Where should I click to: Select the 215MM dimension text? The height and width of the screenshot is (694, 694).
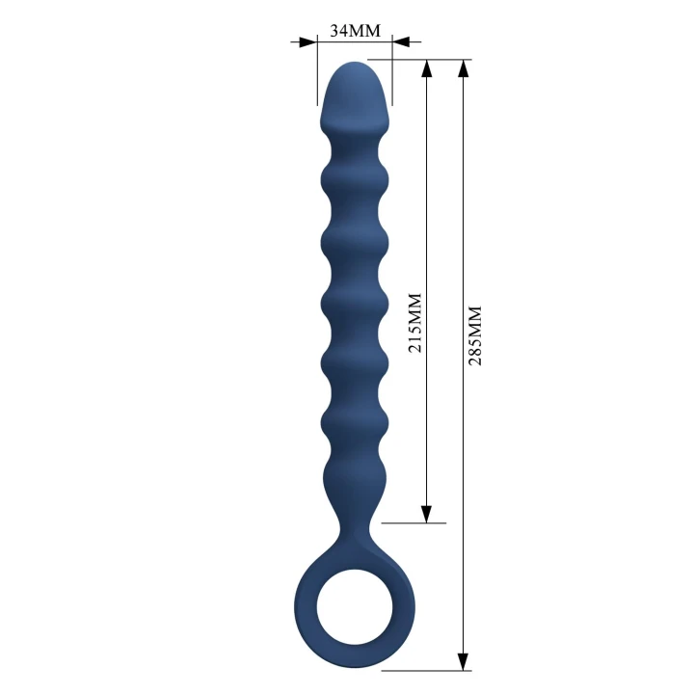click(x=415, y=322)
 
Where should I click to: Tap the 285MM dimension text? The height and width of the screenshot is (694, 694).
click(x=473, y=334)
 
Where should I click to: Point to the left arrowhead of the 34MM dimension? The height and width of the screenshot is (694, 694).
click(x=307, y=42)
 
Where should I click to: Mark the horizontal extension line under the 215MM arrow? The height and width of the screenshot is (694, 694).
click(x=414, y=523)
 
